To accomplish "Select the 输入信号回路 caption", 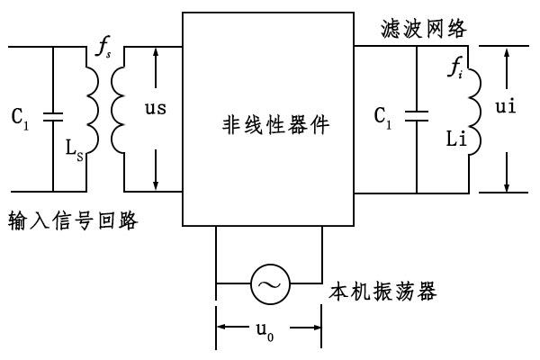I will pyautogui.click(x=73, y=220).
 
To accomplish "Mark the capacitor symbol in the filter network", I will pyautogui.click(x=417, y=116).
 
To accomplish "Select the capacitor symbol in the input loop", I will pyautogui.click(x=53, y=116).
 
